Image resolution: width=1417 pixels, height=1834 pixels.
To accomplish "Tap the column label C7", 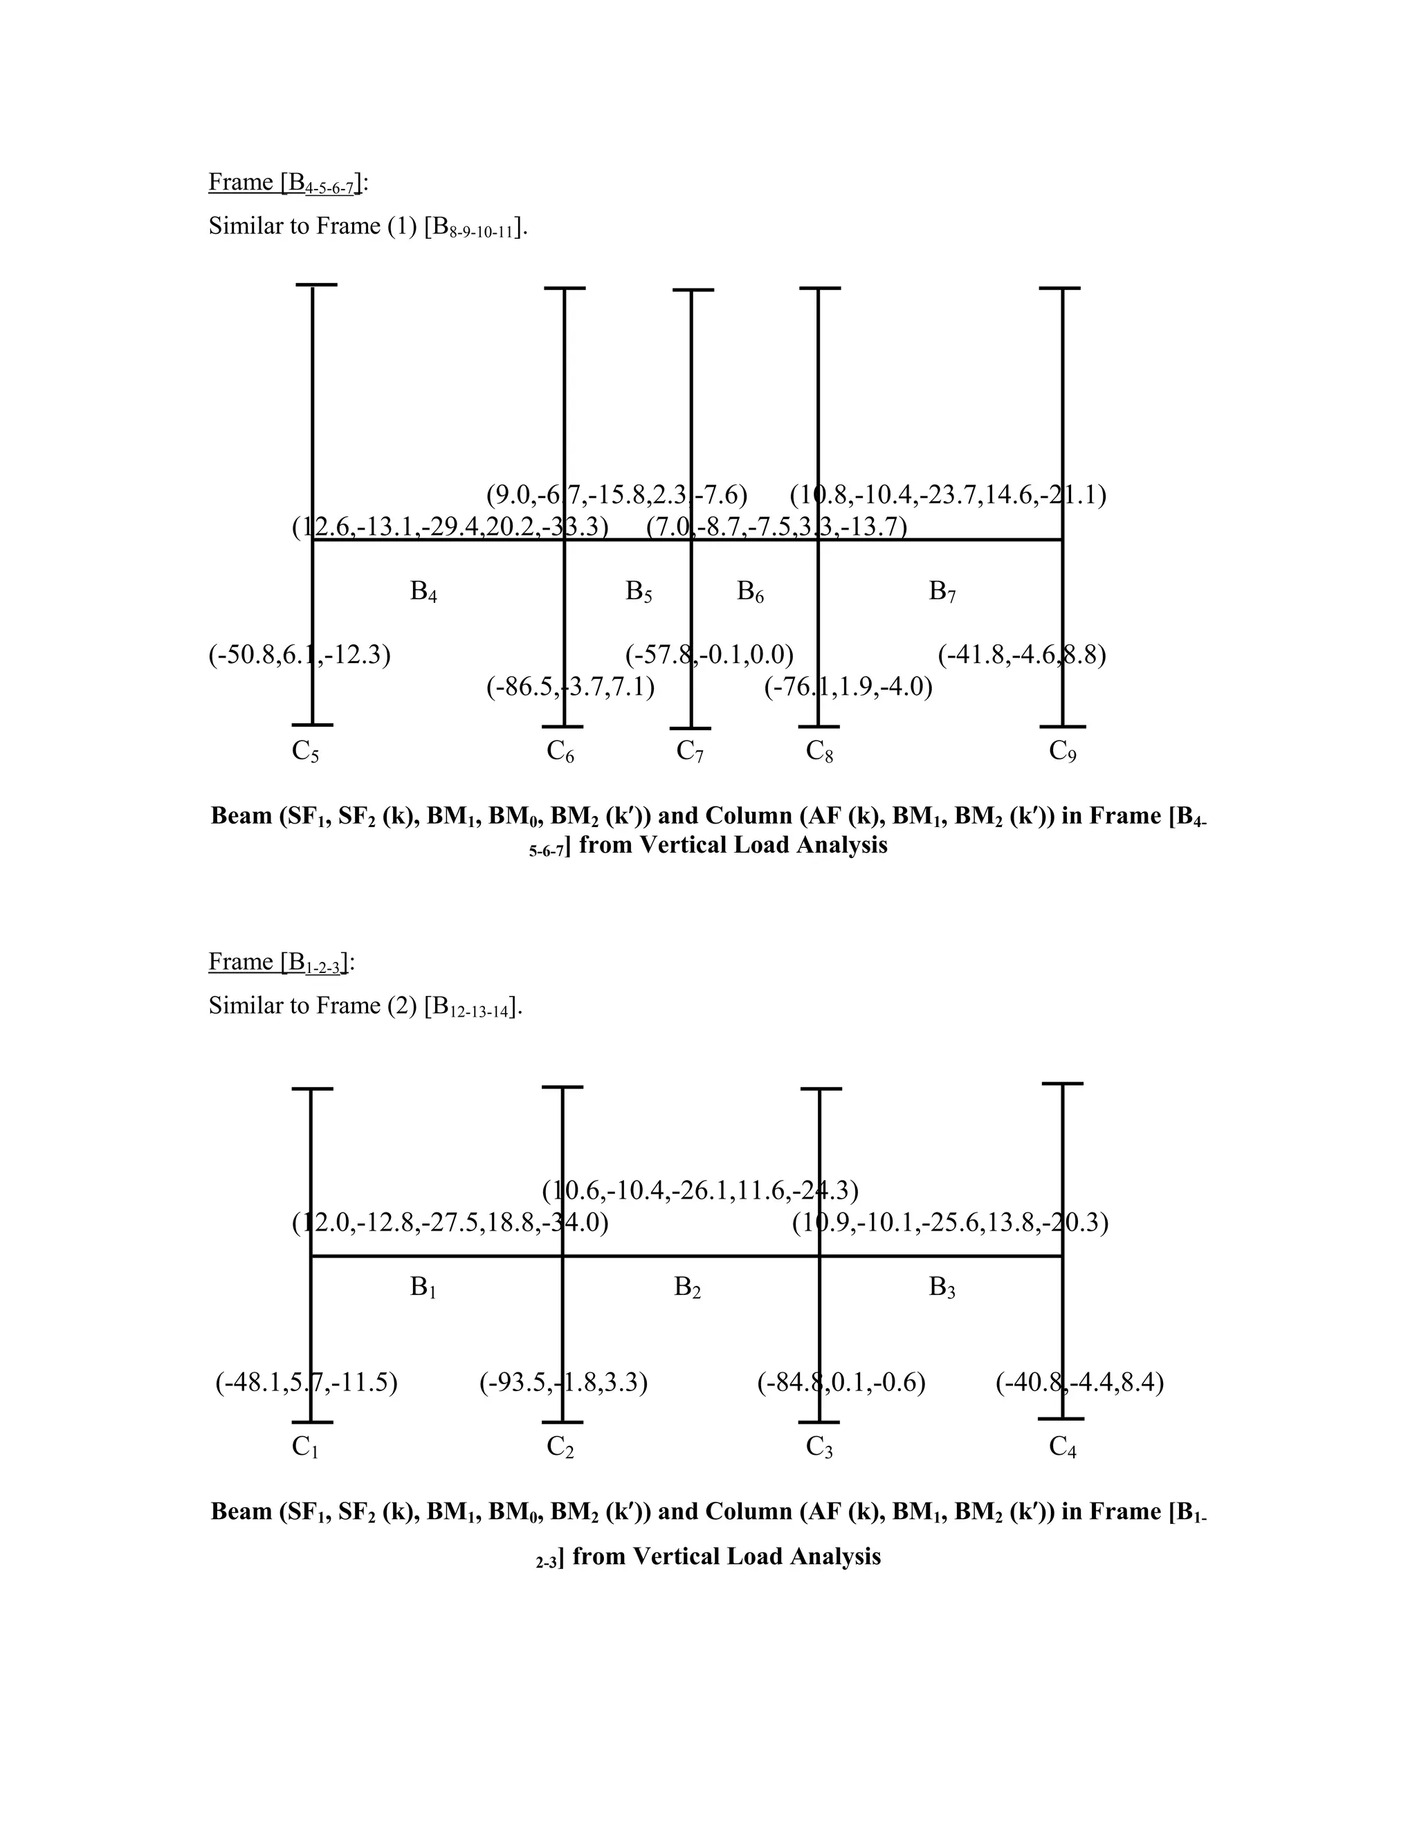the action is [690, 752].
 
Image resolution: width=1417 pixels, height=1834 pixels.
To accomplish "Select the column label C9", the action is [1063, 752].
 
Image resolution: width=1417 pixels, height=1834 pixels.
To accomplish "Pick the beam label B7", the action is [942, 592].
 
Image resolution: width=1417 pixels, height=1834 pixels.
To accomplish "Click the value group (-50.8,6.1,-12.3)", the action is [300, 655].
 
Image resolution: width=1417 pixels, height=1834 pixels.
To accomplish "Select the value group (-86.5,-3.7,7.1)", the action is [571, 688].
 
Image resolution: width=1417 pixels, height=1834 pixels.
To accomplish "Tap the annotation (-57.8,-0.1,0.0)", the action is [709, 655].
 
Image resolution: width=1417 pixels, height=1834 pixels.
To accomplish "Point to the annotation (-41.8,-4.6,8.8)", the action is [1022, 655].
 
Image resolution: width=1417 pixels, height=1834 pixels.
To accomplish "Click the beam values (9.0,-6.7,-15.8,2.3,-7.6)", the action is [617, 496].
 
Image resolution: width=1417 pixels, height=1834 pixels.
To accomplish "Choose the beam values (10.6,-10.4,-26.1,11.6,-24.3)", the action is [700, 1191].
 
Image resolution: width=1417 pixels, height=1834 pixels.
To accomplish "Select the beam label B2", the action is [688, 1287].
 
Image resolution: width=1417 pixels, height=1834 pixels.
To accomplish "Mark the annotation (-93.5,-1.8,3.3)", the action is [563, 1382].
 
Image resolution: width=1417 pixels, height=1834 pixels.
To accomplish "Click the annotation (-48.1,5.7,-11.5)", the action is [307, 1382].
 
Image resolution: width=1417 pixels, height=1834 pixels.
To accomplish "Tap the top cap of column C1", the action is [312, 1089].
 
